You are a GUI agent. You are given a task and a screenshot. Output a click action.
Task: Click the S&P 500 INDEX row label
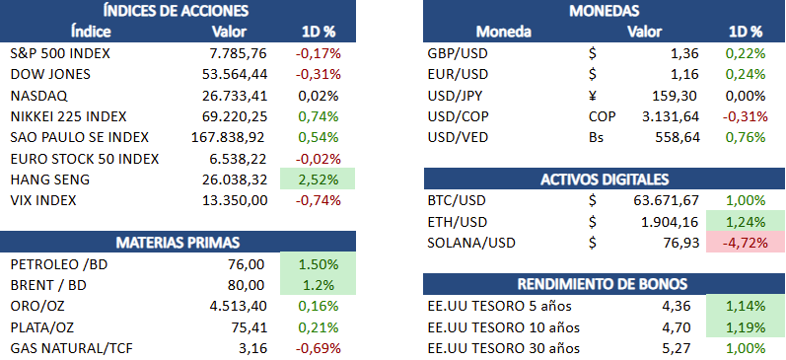click(x=59, y=53)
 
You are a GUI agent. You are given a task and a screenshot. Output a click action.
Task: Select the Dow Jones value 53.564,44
click(x=235, y=74)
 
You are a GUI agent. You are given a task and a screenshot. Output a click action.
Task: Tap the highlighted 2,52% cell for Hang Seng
click(x=318, y=179)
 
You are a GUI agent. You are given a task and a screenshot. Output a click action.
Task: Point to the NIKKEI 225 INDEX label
click(x=68, y=116)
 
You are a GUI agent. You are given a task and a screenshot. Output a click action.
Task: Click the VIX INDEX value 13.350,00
click(x=235, y=200)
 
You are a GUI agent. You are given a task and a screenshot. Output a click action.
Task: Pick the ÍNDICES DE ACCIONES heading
click(x=176, y=10)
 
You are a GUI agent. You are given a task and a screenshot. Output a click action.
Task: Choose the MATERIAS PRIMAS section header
click(x=178, y=243)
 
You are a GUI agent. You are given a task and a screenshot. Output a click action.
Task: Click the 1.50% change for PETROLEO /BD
click(x=319, y=264)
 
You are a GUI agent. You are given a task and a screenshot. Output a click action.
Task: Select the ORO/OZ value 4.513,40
click(x=239, y=306)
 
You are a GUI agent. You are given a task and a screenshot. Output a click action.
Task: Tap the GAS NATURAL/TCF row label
click(x=72, y=348)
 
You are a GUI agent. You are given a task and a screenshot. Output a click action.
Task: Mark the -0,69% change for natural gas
click(x=319, y=348)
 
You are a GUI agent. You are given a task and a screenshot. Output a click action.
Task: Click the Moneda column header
click(x=503, y=33)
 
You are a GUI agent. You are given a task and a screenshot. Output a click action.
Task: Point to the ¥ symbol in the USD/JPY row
click(x=593, y=96)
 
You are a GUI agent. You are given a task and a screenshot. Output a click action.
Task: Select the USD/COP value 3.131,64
click(x=671, y=116)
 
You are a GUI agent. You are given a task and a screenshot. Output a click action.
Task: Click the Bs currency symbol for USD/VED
click(x=596, y=138)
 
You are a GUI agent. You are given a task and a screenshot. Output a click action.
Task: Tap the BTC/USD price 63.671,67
click(x=667, y=200)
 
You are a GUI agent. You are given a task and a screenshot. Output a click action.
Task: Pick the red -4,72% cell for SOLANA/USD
click(x=745, y=244)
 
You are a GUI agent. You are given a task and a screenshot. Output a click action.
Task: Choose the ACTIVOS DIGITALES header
click(x=605, y=180)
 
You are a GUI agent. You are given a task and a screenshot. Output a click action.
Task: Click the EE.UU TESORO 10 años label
click(x=504, y=327)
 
